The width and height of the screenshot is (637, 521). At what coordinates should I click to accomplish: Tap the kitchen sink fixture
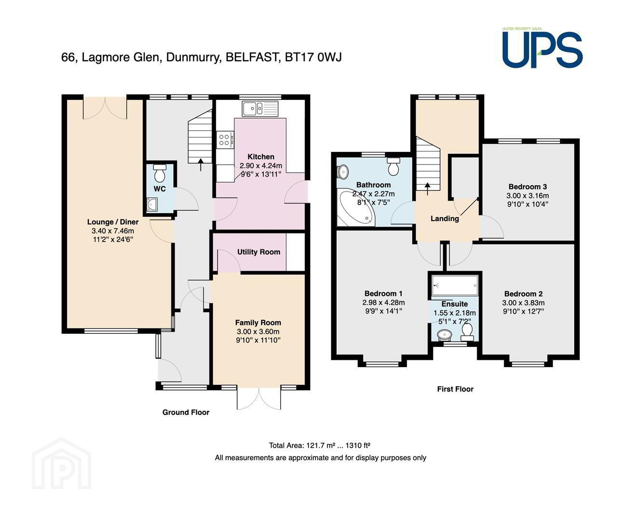coord(260,109)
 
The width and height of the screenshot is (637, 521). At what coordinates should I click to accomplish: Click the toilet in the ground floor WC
coord(160,173)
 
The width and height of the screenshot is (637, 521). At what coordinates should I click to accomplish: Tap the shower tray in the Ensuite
coord(455,285)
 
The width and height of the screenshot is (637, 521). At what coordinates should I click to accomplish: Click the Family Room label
coord(258,322)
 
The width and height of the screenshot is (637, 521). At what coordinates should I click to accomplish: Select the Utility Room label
coord(258,252)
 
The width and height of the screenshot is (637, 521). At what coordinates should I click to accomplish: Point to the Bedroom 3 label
coord(528,187)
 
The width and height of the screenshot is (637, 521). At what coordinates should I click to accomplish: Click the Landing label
coord(445,218)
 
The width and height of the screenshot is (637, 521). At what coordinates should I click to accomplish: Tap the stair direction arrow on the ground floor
coord(201,165)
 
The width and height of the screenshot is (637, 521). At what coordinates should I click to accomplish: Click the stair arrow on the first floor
coord(427,189)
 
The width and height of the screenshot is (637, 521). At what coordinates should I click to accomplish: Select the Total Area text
coord(320,445)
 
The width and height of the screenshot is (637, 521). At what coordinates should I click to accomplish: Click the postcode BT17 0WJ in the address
coord(313,57)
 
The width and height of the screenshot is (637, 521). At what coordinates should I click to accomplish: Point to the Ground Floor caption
coord(186,412)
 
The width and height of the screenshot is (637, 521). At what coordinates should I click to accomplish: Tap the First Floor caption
coord(455,389)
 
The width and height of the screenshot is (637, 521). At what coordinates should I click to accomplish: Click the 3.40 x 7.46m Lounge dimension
coord(113,231)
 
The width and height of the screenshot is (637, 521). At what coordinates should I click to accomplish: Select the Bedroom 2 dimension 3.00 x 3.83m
coord(523,302)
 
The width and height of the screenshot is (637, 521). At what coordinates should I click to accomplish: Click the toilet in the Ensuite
coord(467,332)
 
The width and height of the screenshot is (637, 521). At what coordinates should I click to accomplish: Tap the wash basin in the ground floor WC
coord(151,204)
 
